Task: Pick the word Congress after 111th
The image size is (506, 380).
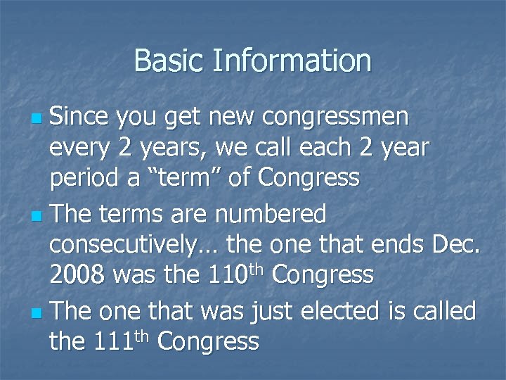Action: [209, 341]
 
